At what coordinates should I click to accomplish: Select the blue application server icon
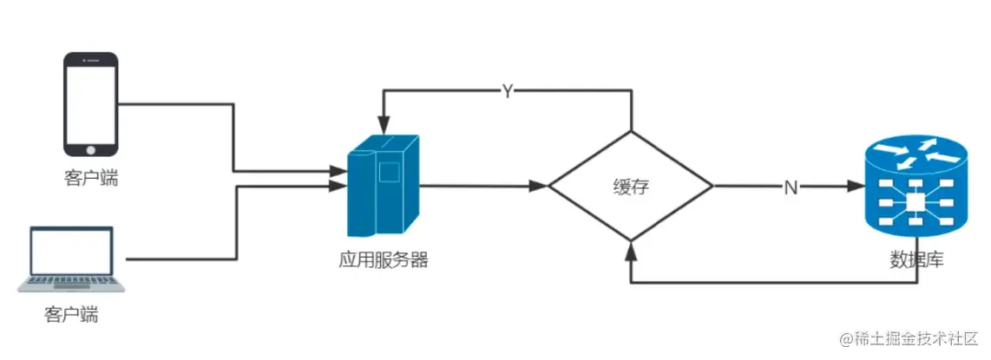pos(383,186)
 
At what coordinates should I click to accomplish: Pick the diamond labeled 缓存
pos(631,186)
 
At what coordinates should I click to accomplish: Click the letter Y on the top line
pos(508,91)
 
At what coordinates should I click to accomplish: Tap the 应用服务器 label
pos(384,259)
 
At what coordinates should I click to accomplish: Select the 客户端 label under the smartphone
pos(91,179)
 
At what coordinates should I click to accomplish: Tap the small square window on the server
pos(388,171)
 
